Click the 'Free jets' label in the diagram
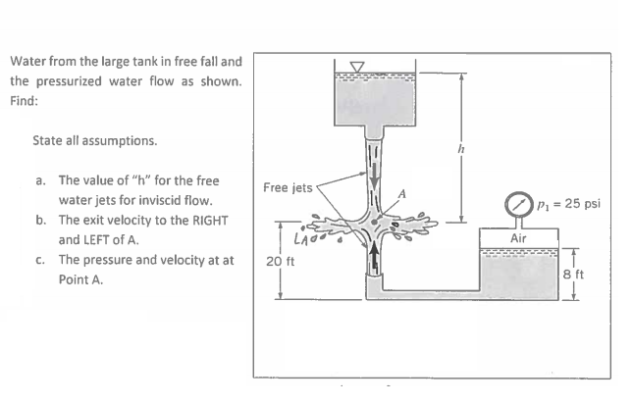[287, 186]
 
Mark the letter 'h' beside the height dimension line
[474, 148]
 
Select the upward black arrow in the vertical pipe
[372, 260]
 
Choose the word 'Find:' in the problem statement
[26, 100]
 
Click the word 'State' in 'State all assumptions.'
[48, 140]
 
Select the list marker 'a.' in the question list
[40, 181]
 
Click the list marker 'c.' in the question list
[40, 260]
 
